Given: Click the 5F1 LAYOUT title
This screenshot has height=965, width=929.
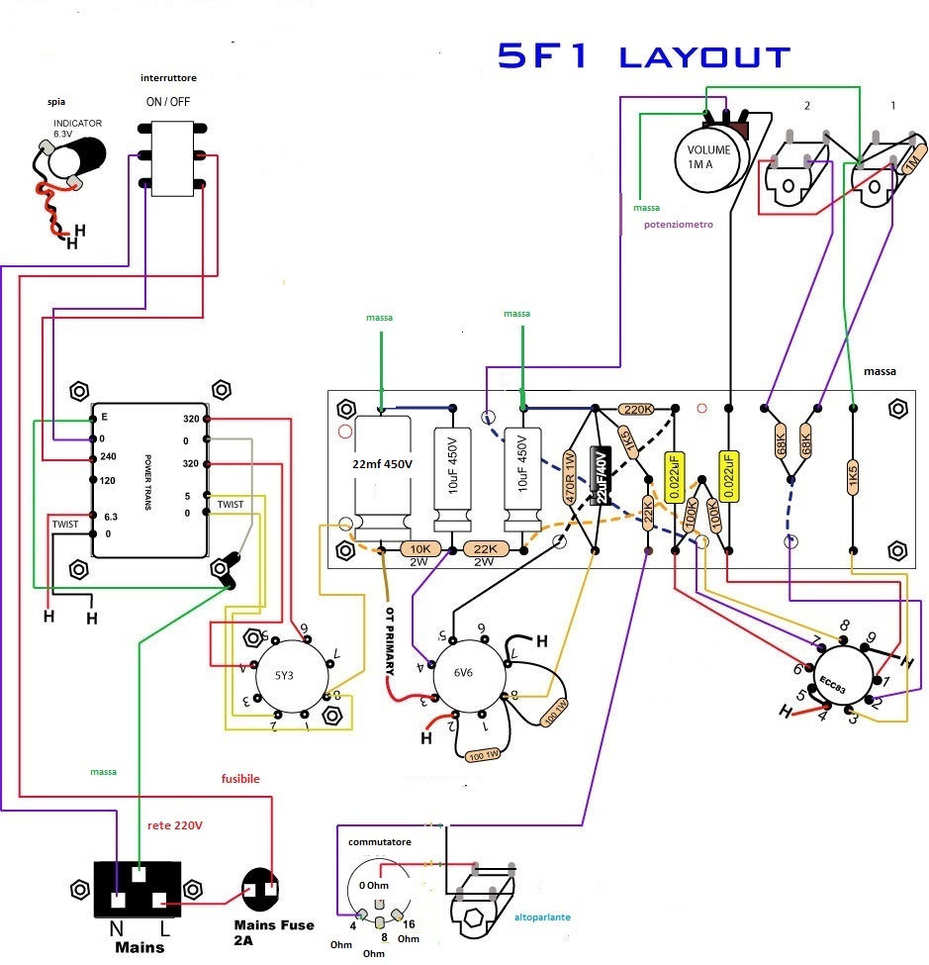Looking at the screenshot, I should (643, 56).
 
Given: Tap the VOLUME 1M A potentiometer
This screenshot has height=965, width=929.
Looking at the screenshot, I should (708, 156).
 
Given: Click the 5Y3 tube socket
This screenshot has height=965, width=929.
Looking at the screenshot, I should (290, 675).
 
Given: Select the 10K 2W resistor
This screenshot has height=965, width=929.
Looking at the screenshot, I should (419, 548).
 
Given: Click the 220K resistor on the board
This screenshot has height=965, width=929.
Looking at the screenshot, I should (635, 409).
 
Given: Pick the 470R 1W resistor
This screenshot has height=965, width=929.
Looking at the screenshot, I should (570, 479).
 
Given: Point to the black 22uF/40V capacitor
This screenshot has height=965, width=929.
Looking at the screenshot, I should (599, 476).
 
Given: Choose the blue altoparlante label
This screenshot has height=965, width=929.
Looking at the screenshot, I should (542, 917).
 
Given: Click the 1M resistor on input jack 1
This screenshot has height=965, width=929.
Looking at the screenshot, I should (911, 160).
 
